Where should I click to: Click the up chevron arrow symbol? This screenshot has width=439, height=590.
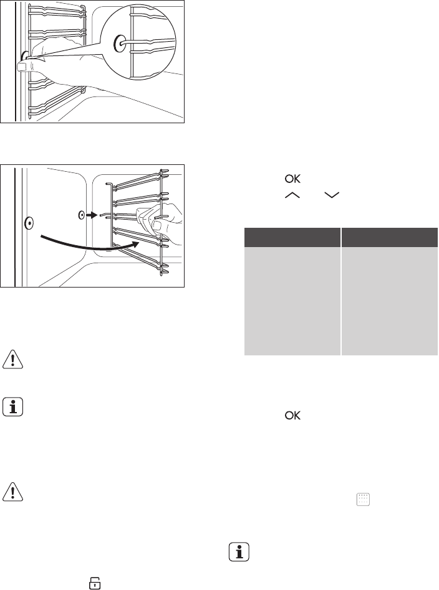point(292,195)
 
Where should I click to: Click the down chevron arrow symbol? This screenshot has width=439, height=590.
point(332,195)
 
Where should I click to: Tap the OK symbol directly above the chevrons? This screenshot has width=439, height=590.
point(292,179)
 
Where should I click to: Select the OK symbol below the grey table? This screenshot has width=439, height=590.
point(292,415)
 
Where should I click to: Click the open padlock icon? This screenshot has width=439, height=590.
point(95,583)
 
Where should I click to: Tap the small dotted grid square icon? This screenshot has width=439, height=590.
point(363,499)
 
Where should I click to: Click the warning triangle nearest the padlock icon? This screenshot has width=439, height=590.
point(13,492)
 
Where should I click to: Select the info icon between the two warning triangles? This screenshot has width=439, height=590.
point(13,407)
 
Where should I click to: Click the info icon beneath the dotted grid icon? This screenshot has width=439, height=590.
point(239,552)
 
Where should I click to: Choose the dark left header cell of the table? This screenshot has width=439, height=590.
point(292,237)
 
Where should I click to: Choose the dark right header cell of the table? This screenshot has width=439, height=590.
point(390,237)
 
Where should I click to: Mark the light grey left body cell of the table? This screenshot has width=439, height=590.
point(292,301)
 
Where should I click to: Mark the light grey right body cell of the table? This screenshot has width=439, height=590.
point(390,301)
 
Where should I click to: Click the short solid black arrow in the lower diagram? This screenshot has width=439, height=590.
point(92,215)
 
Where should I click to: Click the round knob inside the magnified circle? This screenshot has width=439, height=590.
point(120,44)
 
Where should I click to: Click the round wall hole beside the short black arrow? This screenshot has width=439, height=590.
point(82,215)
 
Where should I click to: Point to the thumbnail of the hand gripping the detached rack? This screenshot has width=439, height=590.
point(157,226)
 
